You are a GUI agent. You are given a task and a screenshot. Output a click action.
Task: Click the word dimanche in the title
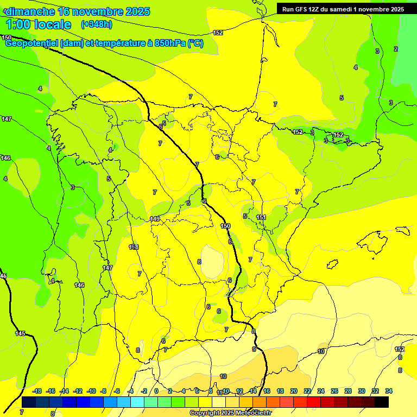30,11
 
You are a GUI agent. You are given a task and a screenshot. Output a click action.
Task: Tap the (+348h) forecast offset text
97,24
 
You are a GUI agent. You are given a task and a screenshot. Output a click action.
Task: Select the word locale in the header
52,24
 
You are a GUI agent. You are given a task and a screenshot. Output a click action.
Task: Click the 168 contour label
134,247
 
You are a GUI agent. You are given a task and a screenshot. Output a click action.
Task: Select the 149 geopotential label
155,219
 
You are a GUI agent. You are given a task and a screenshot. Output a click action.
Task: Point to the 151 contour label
261,217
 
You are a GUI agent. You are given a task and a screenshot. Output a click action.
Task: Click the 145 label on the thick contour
20,333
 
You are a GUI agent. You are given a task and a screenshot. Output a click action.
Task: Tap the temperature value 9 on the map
254,349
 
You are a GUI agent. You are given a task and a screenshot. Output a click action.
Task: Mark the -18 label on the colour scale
37,391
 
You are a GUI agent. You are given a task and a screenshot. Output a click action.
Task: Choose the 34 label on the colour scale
389,391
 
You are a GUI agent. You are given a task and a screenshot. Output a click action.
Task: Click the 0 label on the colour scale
156,391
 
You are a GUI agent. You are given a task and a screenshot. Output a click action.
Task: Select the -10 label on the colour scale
91,391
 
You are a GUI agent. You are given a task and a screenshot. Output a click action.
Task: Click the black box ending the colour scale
382,402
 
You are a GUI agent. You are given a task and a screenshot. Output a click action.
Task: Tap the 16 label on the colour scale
267,391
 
